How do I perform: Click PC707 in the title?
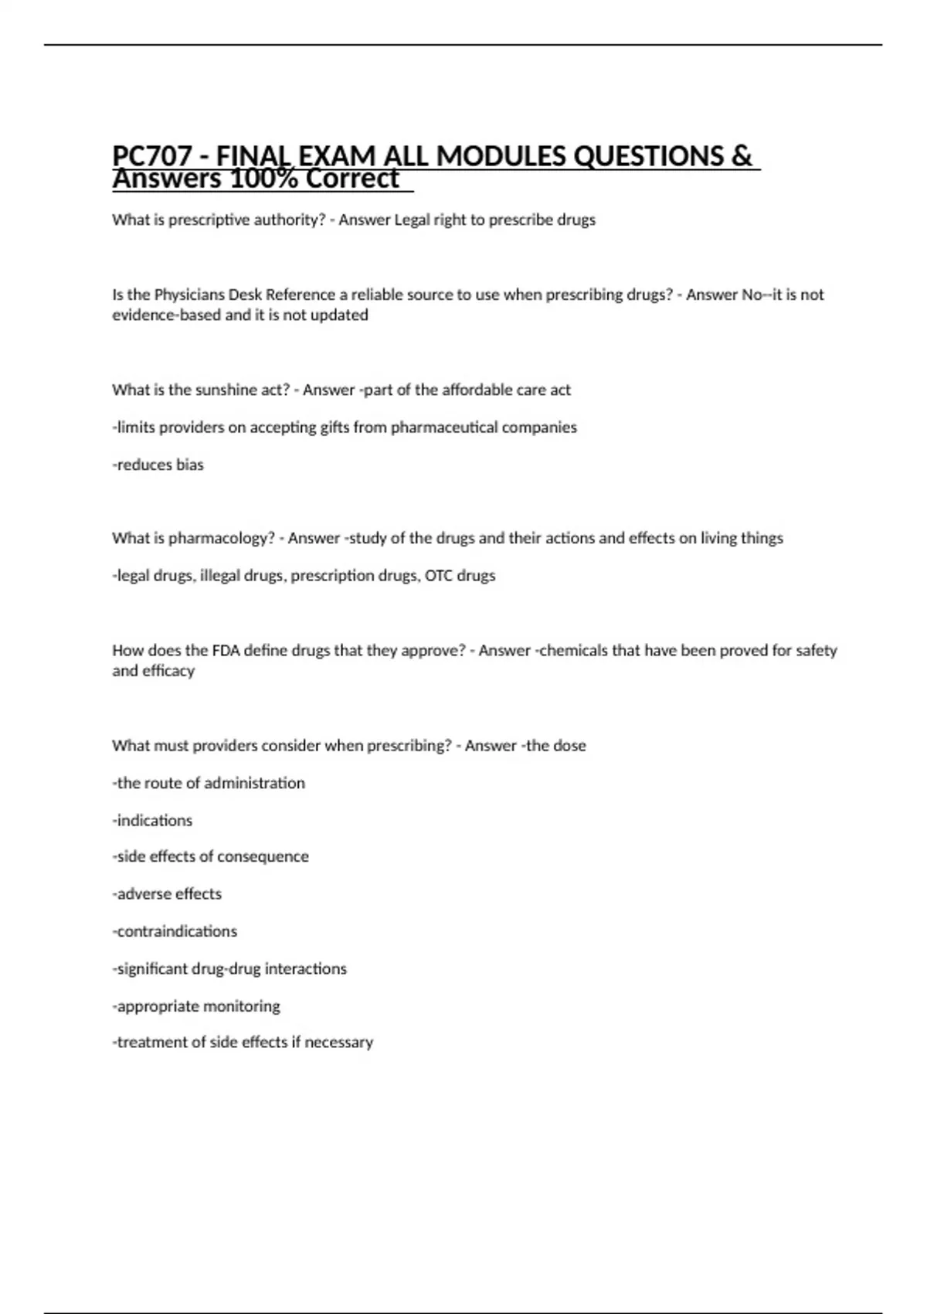[151, 157]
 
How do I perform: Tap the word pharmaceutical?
[444, 427]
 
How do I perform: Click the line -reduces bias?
[158, 465]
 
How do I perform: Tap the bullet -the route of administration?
[209, 783]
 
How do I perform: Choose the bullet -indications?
[152, 820]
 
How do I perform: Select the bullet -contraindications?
[175, 931]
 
